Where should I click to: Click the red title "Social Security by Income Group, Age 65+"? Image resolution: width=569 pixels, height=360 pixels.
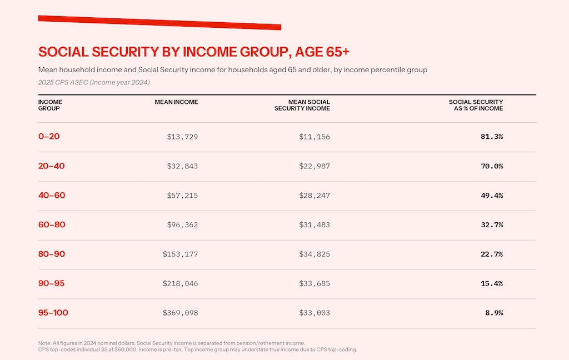[x=193, y=52]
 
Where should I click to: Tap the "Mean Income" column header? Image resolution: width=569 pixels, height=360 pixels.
[x=176, y=102]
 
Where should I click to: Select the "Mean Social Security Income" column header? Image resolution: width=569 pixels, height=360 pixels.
[x=302, y=105]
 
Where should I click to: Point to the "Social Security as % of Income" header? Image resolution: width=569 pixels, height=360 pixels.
[x=476, y=105]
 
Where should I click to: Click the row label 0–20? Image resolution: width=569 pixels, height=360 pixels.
[x=49, y=137]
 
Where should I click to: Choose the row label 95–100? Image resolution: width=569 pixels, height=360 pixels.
[x=53, y=313]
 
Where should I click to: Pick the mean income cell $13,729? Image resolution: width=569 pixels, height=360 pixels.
[x=182, y=137]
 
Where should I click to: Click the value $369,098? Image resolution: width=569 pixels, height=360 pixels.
[x=180, y=313]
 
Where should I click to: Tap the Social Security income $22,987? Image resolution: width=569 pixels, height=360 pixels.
[x=315, y=166]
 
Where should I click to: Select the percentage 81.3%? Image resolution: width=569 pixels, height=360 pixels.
[x=491, y=137]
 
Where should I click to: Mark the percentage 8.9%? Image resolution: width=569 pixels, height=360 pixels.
[x=493, y=313]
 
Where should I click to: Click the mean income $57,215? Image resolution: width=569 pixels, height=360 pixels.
[x=182, y=196]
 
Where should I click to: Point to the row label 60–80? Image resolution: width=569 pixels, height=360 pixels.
[x=51, y=225]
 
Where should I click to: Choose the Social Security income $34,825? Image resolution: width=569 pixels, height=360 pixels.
[x=315, y=254]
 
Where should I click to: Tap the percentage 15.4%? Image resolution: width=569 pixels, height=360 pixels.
[x=491, y=283]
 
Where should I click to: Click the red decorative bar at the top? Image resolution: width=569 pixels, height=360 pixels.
[x=159, y=22]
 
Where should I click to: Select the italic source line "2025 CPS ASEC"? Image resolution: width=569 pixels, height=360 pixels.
[x=94, y=82]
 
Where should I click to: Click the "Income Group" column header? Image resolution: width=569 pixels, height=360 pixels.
[x=50, y=105]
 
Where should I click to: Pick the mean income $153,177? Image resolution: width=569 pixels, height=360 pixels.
[x=180, y=254]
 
